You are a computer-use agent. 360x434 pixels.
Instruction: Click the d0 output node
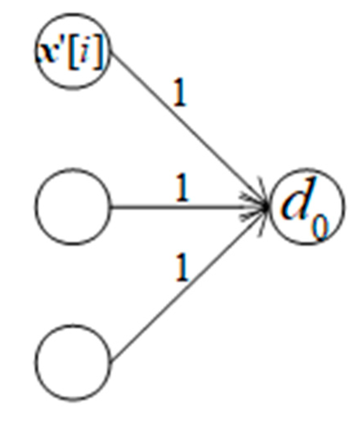pyautogui.click(x=306, y=206)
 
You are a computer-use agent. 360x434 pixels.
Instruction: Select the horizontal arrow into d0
pyautogui.click(x=190, y=206)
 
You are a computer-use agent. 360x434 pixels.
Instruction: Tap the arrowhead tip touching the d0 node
pyautogui.click(x=268, y=206)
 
